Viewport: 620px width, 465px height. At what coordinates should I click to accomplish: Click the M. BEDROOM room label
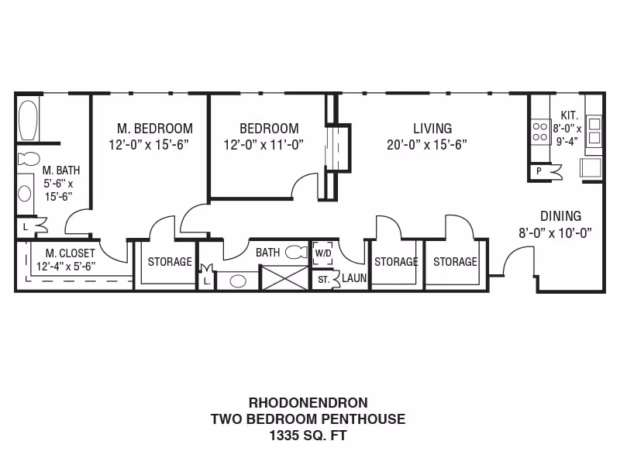[155, 128]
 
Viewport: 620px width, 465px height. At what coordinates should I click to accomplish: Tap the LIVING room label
[432, 128]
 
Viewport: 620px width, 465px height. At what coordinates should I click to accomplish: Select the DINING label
[560, 216]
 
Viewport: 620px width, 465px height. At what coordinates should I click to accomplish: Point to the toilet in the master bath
[29, 159]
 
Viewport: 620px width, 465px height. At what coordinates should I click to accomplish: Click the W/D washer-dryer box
[322, 253]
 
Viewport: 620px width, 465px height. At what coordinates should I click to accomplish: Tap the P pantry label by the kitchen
[538, 171]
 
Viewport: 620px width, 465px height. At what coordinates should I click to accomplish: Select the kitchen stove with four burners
[540, 131]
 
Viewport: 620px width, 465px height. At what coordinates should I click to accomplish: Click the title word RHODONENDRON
[308, 402]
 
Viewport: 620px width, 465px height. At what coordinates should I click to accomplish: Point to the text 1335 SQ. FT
[308, 436]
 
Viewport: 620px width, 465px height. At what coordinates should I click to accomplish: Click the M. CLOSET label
[70, 253]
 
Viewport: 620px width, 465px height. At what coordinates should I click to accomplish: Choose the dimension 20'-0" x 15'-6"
[427, 145]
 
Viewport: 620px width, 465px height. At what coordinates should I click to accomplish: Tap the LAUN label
[354, 278]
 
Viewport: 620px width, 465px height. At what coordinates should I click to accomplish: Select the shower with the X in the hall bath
[284, 277]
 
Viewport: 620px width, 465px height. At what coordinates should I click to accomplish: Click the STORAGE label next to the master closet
[170, 262]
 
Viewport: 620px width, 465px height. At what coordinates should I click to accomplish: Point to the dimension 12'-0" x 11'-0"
[263, 145]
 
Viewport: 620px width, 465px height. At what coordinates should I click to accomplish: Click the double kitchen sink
[594, 132]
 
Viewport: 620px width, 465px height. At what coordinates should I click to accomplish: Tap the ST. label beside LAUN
[323, 279]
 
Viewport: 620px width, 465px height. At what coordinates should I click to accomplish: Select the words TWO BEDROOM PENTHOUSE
[308, 419]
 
